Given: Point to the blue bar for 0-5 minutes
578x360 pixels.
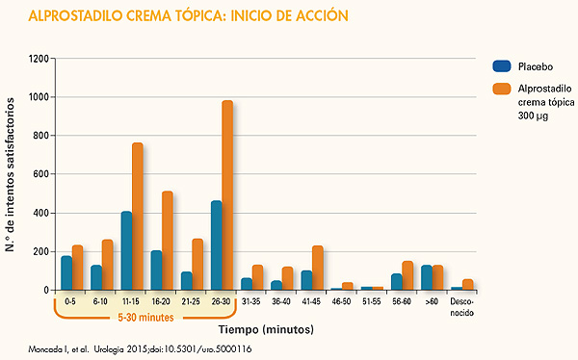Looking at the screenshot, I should click(x=66, y=272).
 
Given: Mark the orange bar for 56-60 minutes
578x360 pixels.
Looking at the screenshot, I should click(x=407, y=275).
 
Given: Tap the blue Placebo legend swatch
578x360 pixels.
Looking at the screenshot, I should click(x=501, y=66).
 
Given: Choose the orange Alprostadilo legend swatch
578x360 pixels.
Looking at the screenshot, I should click(x=501, y=89).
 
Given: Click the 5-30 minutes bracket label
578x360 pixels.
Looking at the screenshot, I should click(x=146, y=317).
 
